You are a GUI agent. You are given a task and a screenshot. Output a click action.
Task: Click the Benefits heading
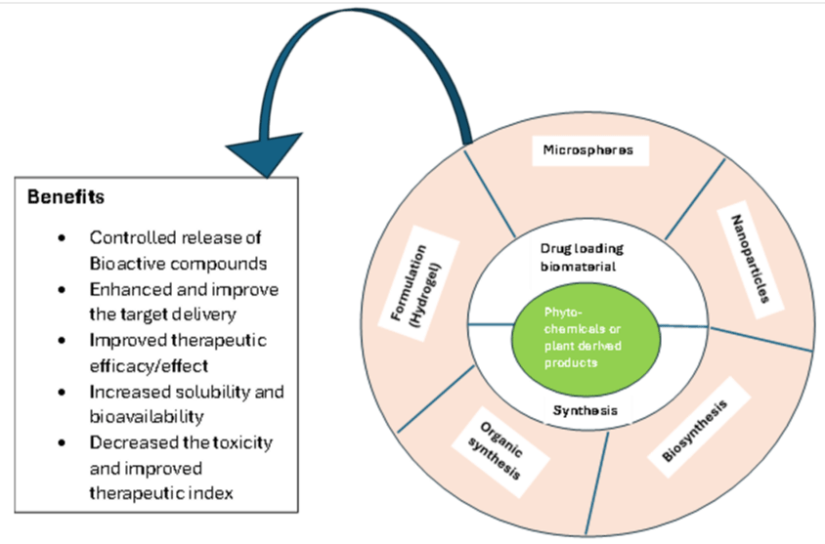65,197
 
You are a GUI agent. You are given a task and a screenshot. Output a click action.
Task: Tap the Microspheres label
588,150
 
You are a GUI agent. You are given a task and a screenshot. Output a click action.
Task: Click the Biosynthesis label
695,431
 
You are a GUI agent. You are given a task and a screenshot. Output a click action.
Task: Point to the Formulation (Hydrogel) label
415,284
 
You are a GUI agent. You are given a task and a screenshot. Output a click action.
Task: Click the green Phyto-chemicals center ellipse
586,339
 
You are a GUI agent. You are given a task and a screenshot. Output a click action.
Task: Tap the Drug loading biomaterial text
582,258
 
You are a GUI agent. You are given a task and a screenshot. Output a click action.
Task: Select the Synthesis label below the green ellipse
586,410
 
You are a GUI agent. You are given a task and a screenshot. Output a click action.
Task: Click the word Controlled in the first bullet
123,237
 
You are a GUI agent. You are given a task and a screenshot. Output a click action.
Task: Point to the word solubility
212,392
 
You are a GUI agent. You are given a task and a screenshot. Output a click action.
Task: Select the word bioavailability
147,417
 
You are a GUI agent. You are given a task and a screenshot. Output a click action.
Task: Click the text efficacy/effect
149,366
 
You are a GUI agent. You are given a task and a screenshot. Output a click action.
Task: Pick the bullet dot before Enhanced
63,290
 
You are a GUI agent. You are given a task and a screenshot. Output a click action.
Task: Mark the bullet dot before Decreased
63,442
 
